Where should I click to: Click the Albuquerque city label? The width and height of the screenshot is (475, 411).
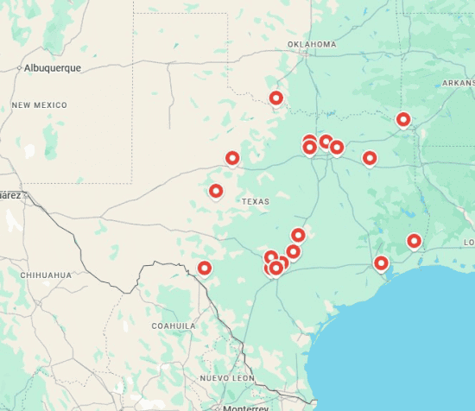tap(53, 67)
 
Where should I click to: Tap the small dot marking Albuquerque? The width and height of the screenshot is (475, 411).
tap(20, 67)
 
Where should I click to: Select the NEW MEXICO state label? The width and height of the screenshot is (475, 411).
tap(39, 104)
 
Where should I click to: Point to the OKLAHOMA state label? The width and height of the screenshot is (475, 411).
tap(312, 44)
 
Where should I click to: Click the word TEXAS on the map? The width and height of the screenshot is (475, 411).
tap(255, 201)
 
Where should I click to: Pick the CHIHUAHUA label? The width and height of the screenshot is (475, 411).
tap(47, 275)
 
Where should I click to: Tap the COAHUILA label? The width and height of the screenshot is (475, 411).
tap(174, 326)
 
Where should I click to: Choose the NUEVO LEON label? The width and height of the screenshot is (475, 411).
tap(227, 378)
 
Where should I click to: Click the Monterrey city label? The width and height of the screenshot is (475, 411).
tap(245, 408)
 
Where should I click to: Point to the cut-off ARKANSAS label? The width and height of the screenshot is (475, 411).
tap(458, 83)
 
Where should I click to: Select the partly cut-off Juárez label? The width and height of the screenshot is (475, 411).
tap(9, 195)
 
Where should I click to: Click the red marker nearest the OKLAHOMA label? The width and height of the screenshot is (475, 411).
tap(276, 98)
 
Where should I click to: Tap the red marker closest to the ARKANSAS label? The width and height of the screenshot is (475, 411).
tap(403, 119)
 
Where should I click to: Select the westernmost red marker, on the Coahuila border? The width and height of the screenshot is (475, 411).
tap(205, 268)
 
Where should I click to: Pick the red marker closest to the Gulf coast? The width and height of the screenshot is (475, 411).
tap(381, 262)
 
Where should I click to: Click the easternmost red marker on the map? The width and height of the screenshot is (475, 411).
tap(415, 241)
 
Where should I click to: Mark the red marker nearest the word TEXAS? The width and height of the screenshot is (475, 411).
tap(216, 191)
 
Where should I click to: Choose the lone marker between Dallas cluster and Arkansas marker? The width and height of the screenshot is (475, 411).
tap(370, 158)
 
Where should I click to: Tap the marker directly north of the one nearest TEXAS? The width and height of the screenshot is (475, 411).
tap(232, 158)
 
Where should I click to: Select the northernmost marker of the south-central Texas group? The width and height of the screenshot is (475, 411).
tap(299, 234)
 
